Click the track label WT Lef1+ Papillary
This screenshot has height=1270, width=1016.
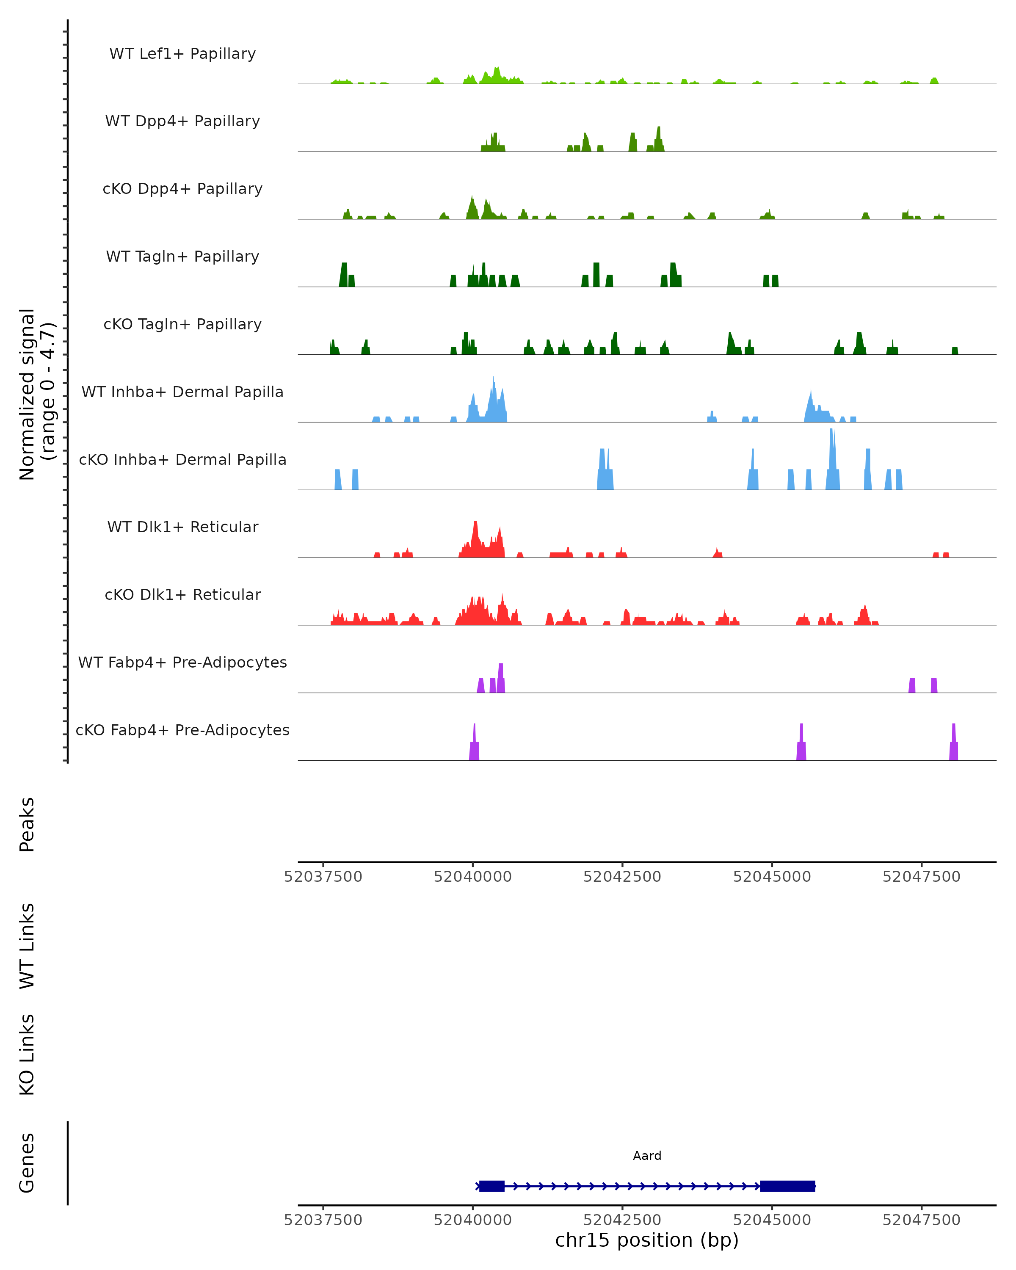pyautogui.click(x=182, y=54)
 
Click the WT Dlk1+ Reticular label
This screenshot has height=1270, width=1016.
pyautogui.click(x=182, y=527)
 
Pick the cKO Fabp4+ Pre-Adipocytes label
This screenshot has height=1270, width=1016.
pyautogui.click(x=182, y=730)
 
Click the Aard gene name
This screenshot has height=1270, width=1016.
pyautogui.click(x=647, y=1156)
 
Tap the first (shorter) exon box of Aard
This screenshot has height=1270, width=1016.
pyautogui.click(x=492, y=1186)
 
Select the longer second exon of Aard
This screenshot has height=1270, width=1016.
pyautogui.click(x=787, y=1186)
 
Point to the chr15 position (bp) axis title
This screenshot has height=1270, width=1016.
pyautogui.click(x=647, y=1240)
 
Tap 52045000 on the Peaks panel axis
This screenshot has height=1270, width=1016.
pyautogui.click(x=772, y=877)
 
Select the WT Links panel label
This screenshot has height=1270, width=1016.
pyautogui.click(x=27, y=946)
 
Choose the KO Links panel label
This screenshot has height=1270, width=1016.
pyautogui.click(x=27, y=1055)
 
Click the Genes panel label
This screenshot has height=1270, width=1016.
pyautogui.click(x=27, y=1163)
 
